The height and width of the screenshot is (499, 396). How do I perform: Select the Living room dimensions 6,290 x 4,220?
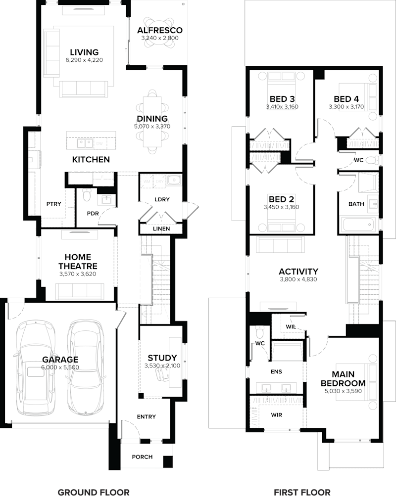point(84,60)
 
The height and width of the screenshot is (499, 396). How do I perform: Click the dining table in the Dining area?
point(152,121)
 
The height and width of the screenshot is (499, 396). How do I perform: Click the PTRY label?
point(53,204)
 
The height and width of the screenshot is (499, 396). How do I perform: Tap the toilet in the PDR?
point(87,197)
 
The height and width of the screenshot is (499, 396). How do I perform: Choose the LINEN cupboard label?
point(161,228)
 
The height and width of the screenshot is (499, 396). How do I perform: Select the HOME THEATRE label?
point(78,262)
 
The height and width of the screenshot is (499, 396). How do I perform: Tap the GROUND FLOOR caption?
point(94,492)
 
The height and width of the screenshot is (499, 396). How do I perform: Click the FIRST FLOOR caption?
point(302,492)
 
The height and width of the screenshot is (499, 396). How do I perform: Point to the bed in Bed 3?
point(282,79)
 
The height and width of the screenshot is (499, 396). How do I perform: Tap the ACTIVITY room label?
point(298,272)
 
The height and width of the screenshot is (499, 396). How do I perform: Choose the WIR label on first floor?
point(276,414)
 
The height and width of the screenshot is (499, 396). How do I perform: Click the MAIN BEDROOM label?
point(343,379)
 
